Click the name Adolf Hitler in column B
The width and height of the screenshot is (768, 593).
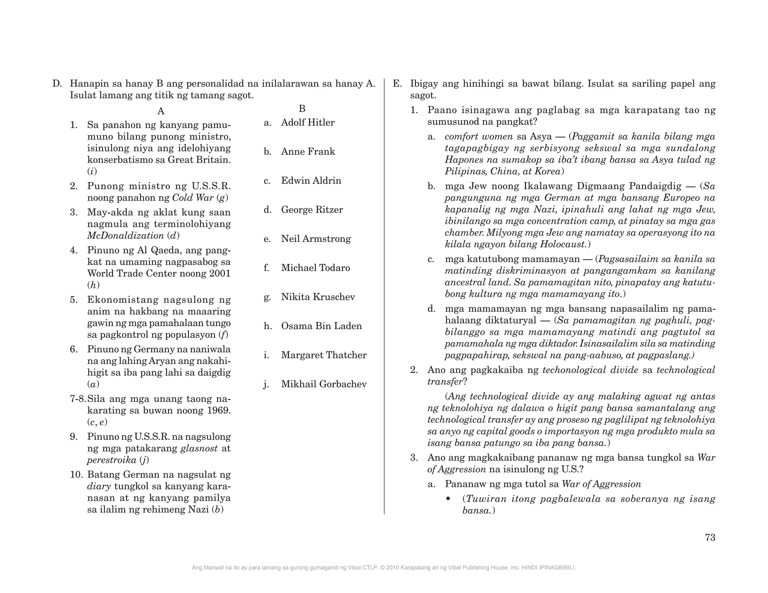(x=307, y=123)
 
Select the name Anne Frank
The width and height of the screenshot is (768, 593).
(x=308, y=151)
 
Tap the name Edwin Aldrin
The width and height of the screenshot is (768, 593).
(x=311, y=181)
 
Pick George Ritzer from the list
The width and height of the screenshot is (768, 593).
(x=312, y=210)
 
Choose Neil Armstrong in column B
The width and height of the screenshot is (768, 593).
(x=316, y=239)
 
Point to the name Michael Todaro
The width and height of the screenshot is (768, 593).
(x=315, y=268)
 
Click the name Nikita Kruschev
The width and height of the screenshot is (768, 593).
(x=318, y=297)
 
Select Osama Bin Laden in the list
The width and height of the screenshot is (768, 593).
(x=321, y=326)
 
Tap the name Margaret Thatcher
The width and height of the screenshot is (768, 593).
(x=324, y=355)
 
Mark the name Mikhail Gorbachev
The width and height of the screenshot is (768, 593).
(x=324, y=384)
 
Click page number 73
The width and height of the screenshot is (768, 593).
(x=710, y=538)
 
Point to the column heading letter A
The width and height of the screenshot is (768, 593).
(x=160, y=111)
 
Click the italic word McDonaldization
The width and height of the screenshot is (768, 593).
(x=125, y=236)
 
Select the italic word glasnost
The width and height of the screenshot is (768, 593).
(x=199, y=448)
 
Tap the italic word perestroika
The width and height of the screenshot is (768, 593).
(x=111, y=460)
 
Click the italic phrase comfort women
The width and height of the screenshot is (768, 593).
(x=478, y=136)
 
